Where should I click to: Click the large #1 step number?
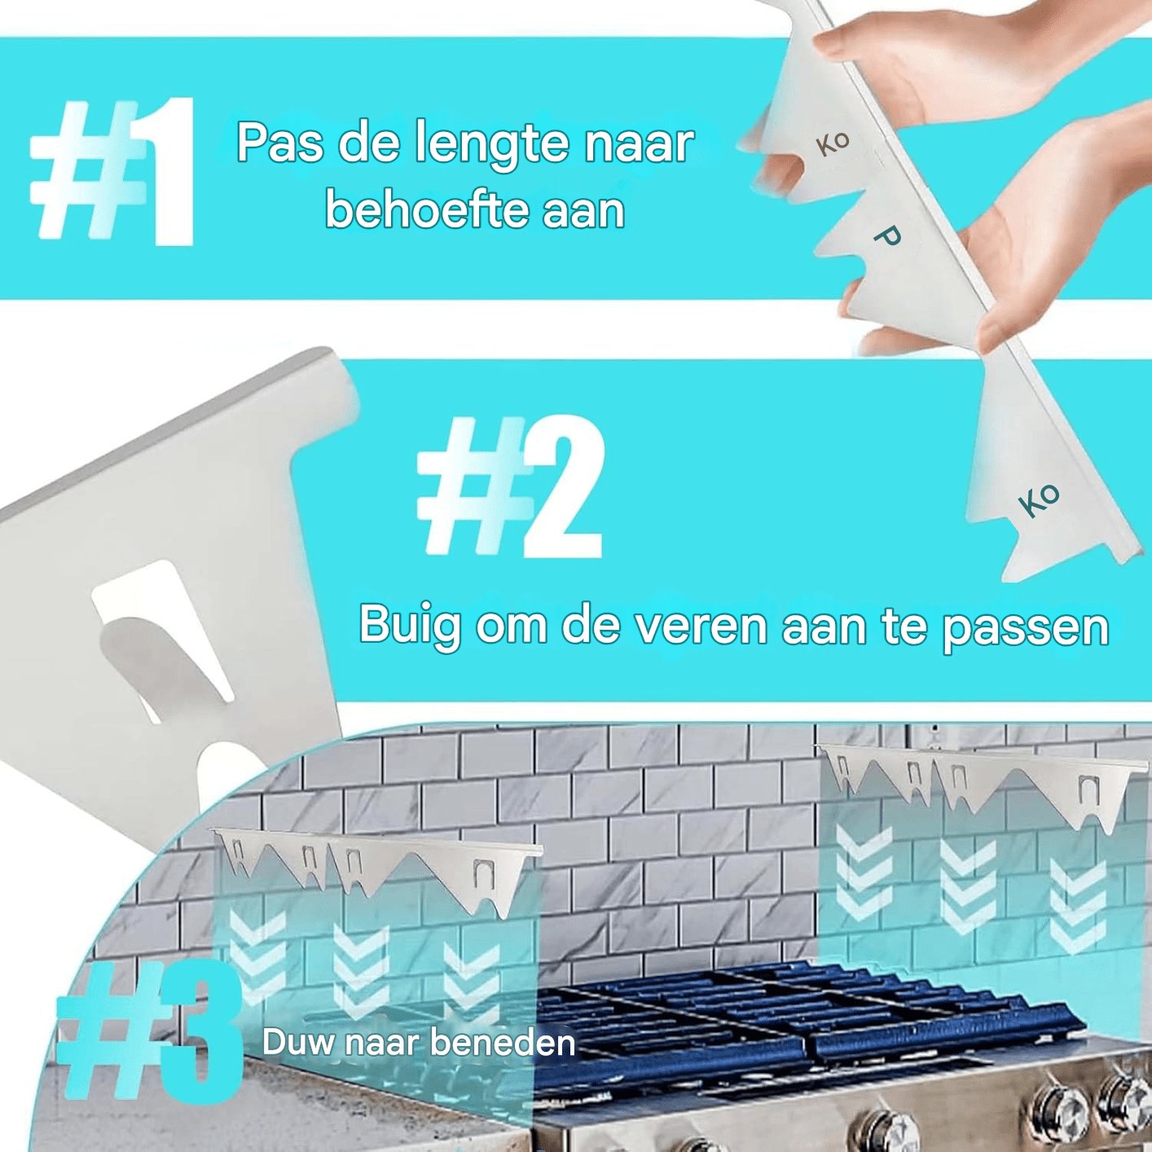(113, 172)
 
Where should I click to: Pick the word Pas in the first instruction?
(279, 143)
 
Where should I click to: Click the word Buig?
(410, 627)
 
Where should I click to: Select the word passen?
(1026, 631)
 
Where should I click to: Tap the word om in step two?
(512, 628)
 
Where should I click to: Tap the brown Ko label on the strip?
(833, 143)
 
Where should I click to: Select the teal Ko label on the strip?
(1039, 501)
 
